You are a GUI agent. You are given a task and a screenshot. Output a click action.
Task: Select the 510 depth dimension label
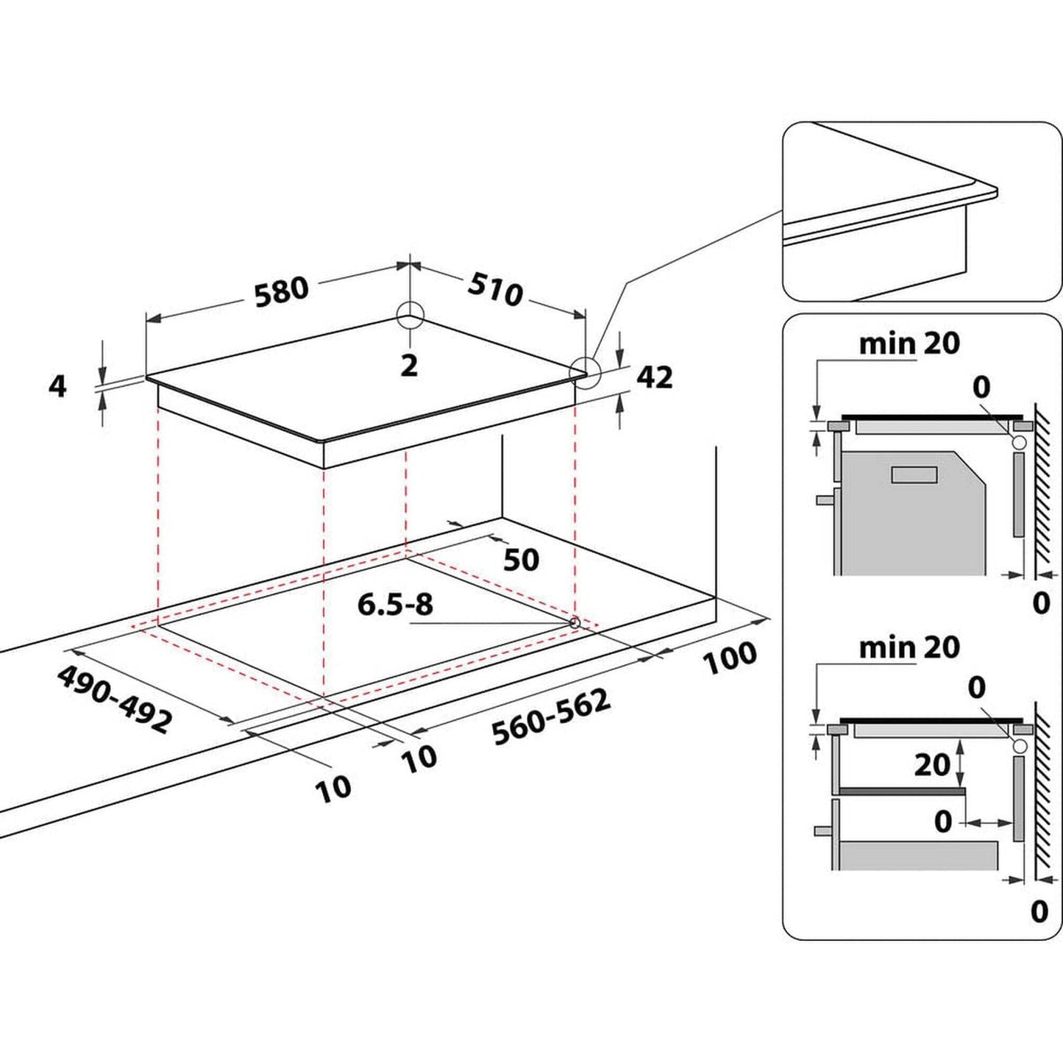pyautogui.click(x=495, y=291)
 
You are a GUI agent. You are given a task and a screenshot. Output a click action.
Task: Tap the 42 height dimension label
pyautogui.click(x=654, y=377)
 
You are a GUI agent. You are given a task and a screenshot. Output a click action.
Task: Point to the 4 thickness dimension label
pyautogui.click(x=57, y=385)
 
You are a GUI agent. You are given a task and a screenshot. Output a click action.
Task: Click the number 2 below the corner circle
pyautogui.click(x=409, y=365)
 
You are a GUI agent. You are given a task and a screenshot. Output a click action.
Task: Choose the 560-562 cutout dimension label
pyautogui.click(x=551, y=717)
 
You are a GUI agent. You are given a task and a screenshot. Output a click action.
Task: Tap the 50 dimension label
pyautogui.click(x=521, y=560)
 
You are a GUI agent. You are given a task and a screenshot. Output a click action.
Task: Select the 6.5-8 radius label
pyautogui.click(x=395, y=605)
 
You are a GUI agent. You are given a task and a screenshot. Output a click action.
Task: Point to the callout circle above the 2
pyautogui.click(x=410, y=316)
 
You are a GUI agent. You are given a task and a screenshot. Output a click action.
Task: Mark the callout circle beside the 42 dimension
pyautogui.click(x=586, y=372)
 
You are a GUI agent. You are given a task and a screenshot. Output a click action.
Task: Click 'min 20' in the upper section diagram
pyautogui.click(x=909, y=343)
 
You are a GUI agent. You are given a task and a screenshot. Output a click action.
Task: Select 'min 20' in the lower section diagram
pyautogui.click(x=909, y=647)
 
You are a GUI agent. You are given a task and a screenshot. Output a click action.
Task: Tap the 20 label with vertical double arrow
pyautogui.click(x=931, y=765)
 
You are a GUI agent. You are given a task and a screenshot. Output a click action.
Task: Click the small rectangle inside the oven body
pyautogui.click(x=914, y=474)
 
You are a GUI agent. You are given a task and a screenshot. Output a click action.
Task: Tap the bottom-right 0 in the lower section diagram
pyautogui.click(x=1039, y=911)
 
